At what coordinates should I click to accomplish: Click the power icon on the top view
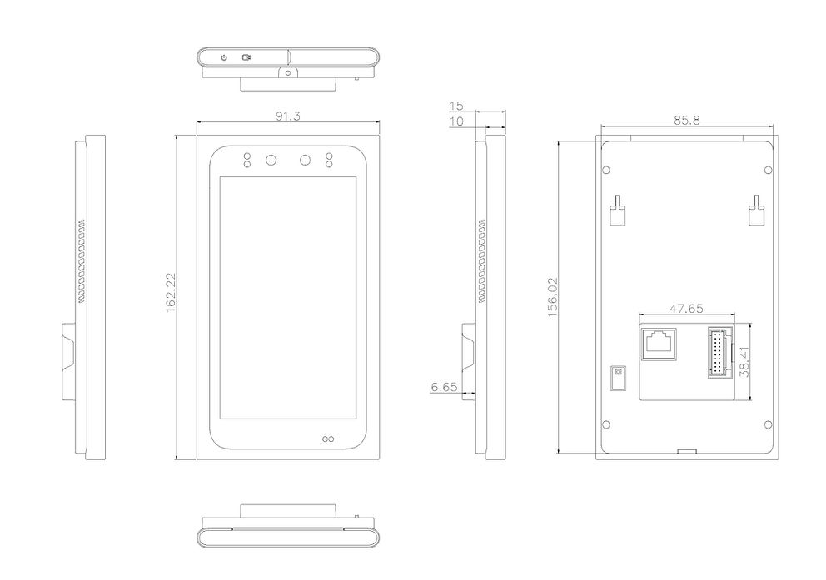tap(224, 57)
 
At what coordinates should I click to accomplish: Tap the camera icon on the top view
tap(247, 57)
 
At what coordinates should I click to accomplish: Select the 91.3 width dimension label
tap(288, 116)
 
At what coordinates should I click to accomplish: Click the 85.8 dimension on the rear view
tap(687, 120)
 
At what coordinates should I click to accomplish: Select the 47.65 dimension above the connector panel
tap(687, 308)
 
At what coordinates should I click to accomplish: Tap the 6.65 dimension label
tap(444, 387)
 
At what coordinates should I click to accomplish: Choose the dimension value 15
tap(455, 106)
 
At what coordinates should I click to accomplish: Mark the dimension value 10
tap(455, 121)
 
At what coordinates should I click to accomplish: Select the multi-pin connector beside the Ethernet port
tap(717, 352)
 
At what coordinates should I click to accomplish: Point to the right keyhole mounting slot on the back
tap(757, 211)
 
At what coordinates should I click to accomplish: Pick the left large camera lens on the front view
tap(271, 161)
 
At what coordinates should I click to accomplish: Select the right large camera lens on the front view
tap(305, 161)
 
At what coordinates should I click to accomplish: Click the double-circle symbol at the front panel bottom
tap(327, 439)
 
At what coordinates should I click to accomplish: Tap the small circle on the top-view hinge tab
tap(288, 73)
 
